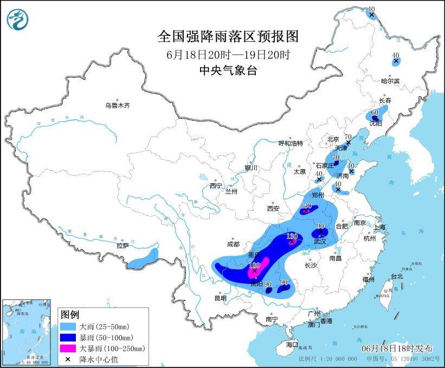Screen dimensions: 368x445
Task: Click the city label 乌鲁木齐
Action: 118,105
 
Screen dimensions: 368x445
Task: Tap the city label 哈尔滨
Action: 390,81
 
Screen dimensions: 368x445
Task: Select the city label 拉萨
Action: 122,245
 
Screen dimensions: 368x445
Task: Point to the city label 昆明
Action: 220,298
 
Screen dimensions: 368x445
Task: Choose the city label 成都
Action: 234,244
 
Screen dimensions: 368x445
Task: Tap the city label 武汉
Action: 320,241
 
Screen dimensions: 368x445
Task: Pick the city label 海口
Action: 292,344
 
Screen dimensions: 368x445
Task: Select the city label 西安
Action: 273,208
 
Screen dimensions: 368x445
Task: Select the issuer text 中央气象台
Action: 228,70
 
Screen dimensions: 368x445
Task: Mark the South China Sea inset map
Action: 28,331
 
